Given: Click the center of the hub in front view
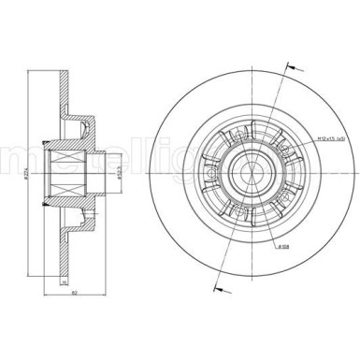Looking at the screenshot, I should [252, 172].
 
